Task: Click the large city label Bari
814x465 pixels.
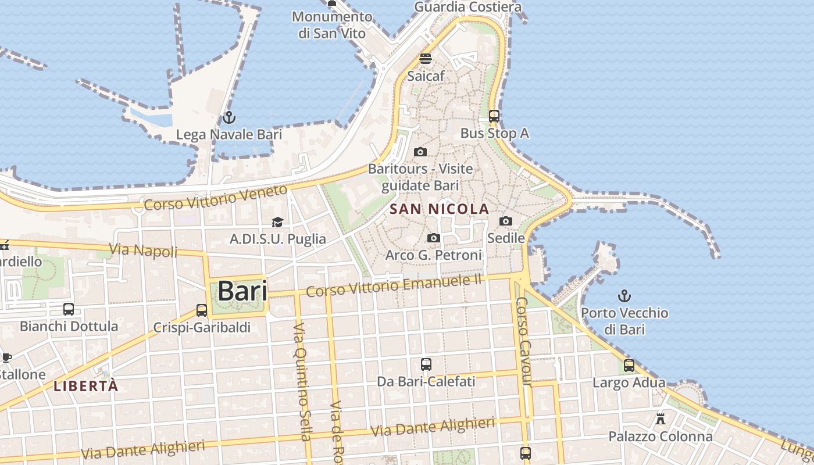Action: click(x=242, y=291)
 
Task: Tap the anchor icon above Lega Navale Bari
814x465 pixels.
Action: click(x=229, y=117)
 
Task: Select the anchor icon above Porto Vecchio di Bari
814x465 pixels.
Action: click(x=624, y=296)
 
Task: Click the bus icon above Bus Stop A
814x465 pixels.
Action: click(x=494, y=116)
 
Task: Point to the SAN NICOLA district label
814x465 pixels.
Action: click(x=440, y=209)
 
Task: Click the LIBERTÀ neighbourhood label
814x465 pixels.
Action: click(x=86, y=386)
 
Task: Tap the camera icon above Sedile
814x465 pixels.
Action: click(x=506, y=221)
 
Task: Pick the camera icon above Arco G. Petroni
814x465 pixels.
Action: click(x=433, y=238)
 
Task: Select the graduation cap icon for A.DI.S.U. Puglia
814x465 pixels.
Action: click(x=277, y=222)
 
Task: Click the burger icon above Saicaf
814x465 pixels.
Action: click(x=426, y=59)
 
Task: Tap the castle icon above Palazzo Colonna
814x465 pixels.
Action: click(x=661, y=419)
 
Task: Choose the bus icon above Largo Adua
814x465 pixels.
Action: click(x=629, y=366)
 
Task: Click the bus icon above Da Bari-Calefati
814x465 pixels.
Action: click(x=426, y=364)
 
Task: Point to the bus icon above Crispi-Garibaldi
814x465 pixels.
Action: click(x=202, y=310)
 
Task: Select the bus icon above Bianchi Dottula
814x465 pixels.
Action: click(x=69, y=309)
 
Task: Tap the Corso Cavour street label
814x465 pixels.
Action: click(x=524, y=342)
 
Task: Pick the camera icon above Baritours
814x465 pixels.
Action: click(x=420, y=152)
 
